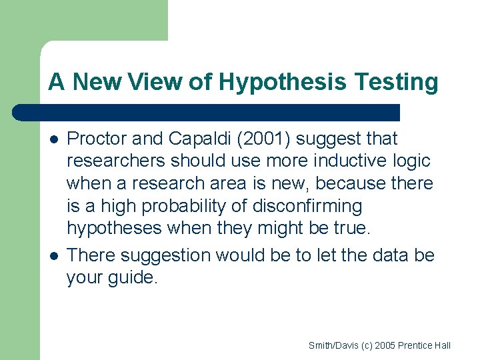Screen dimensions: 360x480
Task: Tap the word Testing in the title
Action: pos(399,82)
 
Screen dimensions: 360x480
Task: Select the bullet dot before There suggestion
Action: pos(53,256)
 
